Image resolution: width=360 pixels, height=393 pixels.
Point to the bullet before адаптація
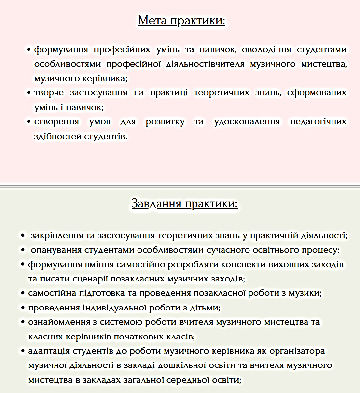(x=23, y=351)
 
